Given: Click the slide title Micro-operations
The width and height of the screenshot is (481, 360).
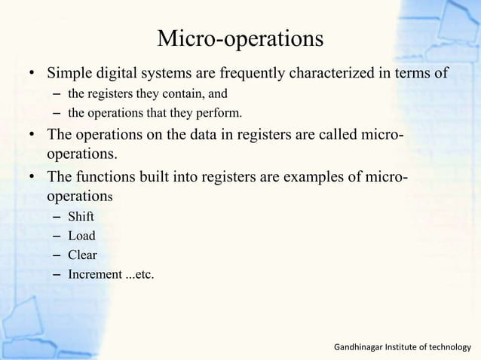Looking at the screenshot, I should click(240, 38).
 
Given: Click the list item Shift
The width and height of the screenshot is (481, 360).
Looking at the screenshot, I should click(81, 217).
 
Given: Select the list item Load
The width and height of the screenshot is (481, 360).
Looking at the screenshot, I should click(81, 236).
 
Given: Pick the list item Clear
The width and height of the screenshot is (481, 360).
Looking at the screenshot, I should click(82, 255).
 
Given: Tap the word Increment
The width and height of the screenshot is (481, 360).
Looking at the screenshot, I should click(95, 274).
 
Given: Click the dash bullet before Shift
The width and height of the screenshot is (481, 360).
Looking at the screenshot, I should click(57, 217).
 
